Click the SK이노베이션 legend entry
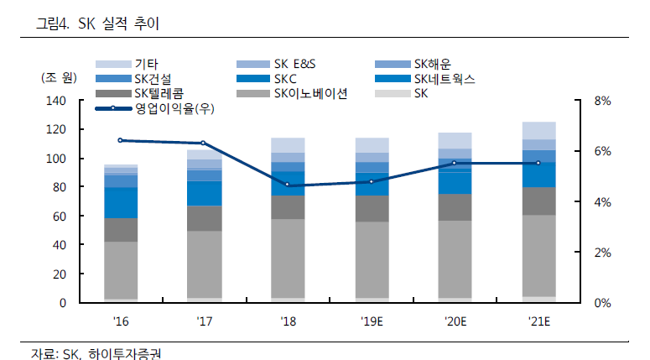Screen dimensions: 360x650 pos(311,93)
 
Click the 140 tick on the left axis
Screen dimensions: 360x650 pos(55,101)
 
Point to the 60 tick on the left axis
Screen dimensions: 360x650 pos(58,217)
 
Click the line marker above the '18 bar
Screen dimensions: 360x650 pos(288,185)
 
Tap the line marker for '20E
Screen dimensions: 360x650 pos(455,163)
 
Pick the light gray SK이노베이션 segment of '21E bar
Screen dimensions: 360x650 pos(538,255)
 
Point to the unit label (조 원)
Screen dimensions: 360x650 pos(58,77)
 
